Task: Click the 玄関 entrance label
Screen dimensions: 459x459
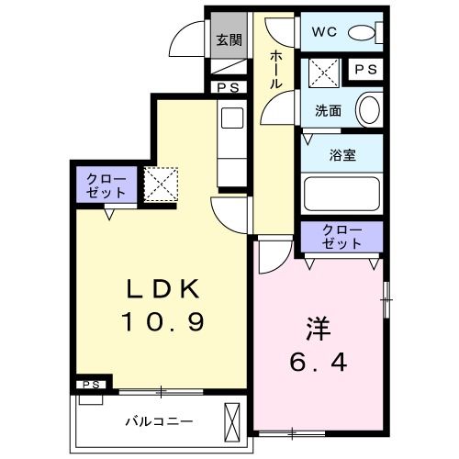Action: (229, 39)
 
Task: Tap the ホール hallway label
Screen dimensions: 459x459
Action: (275, 69)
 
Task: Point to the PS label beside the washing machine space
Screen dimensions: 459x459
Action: (364, 70)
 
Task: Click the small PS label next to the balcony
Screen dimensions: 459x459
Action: (91, 384)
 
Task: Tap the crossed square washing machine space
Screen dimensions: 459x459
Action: (323, 70)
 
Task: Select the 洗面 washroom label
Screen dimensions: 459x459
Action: (329, 110)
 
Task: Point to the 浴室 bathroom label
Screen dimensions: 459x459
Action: (341, 155)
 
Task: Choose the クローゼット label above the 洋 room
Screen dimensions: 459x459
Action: (341, 236)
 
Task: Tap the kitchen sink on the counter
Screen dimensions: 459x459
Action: (230, 119)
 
